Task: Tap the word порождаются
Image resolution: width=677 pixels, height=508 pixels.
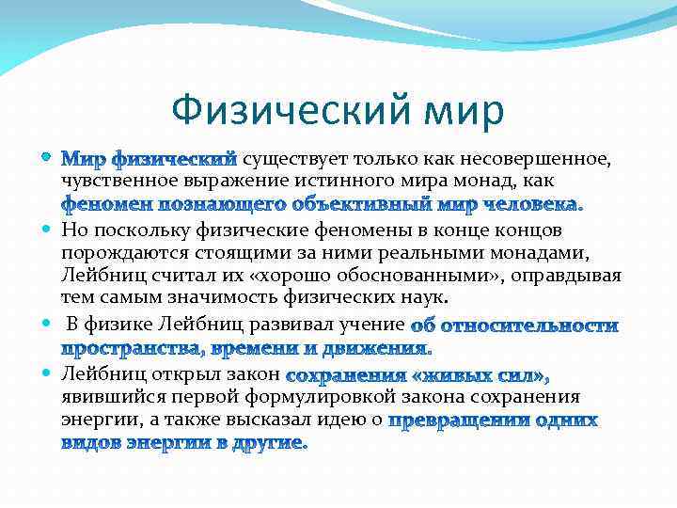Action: click(119, 252)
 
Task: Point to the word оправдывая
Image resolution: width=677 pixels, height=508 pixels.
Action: click(575, 275)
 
